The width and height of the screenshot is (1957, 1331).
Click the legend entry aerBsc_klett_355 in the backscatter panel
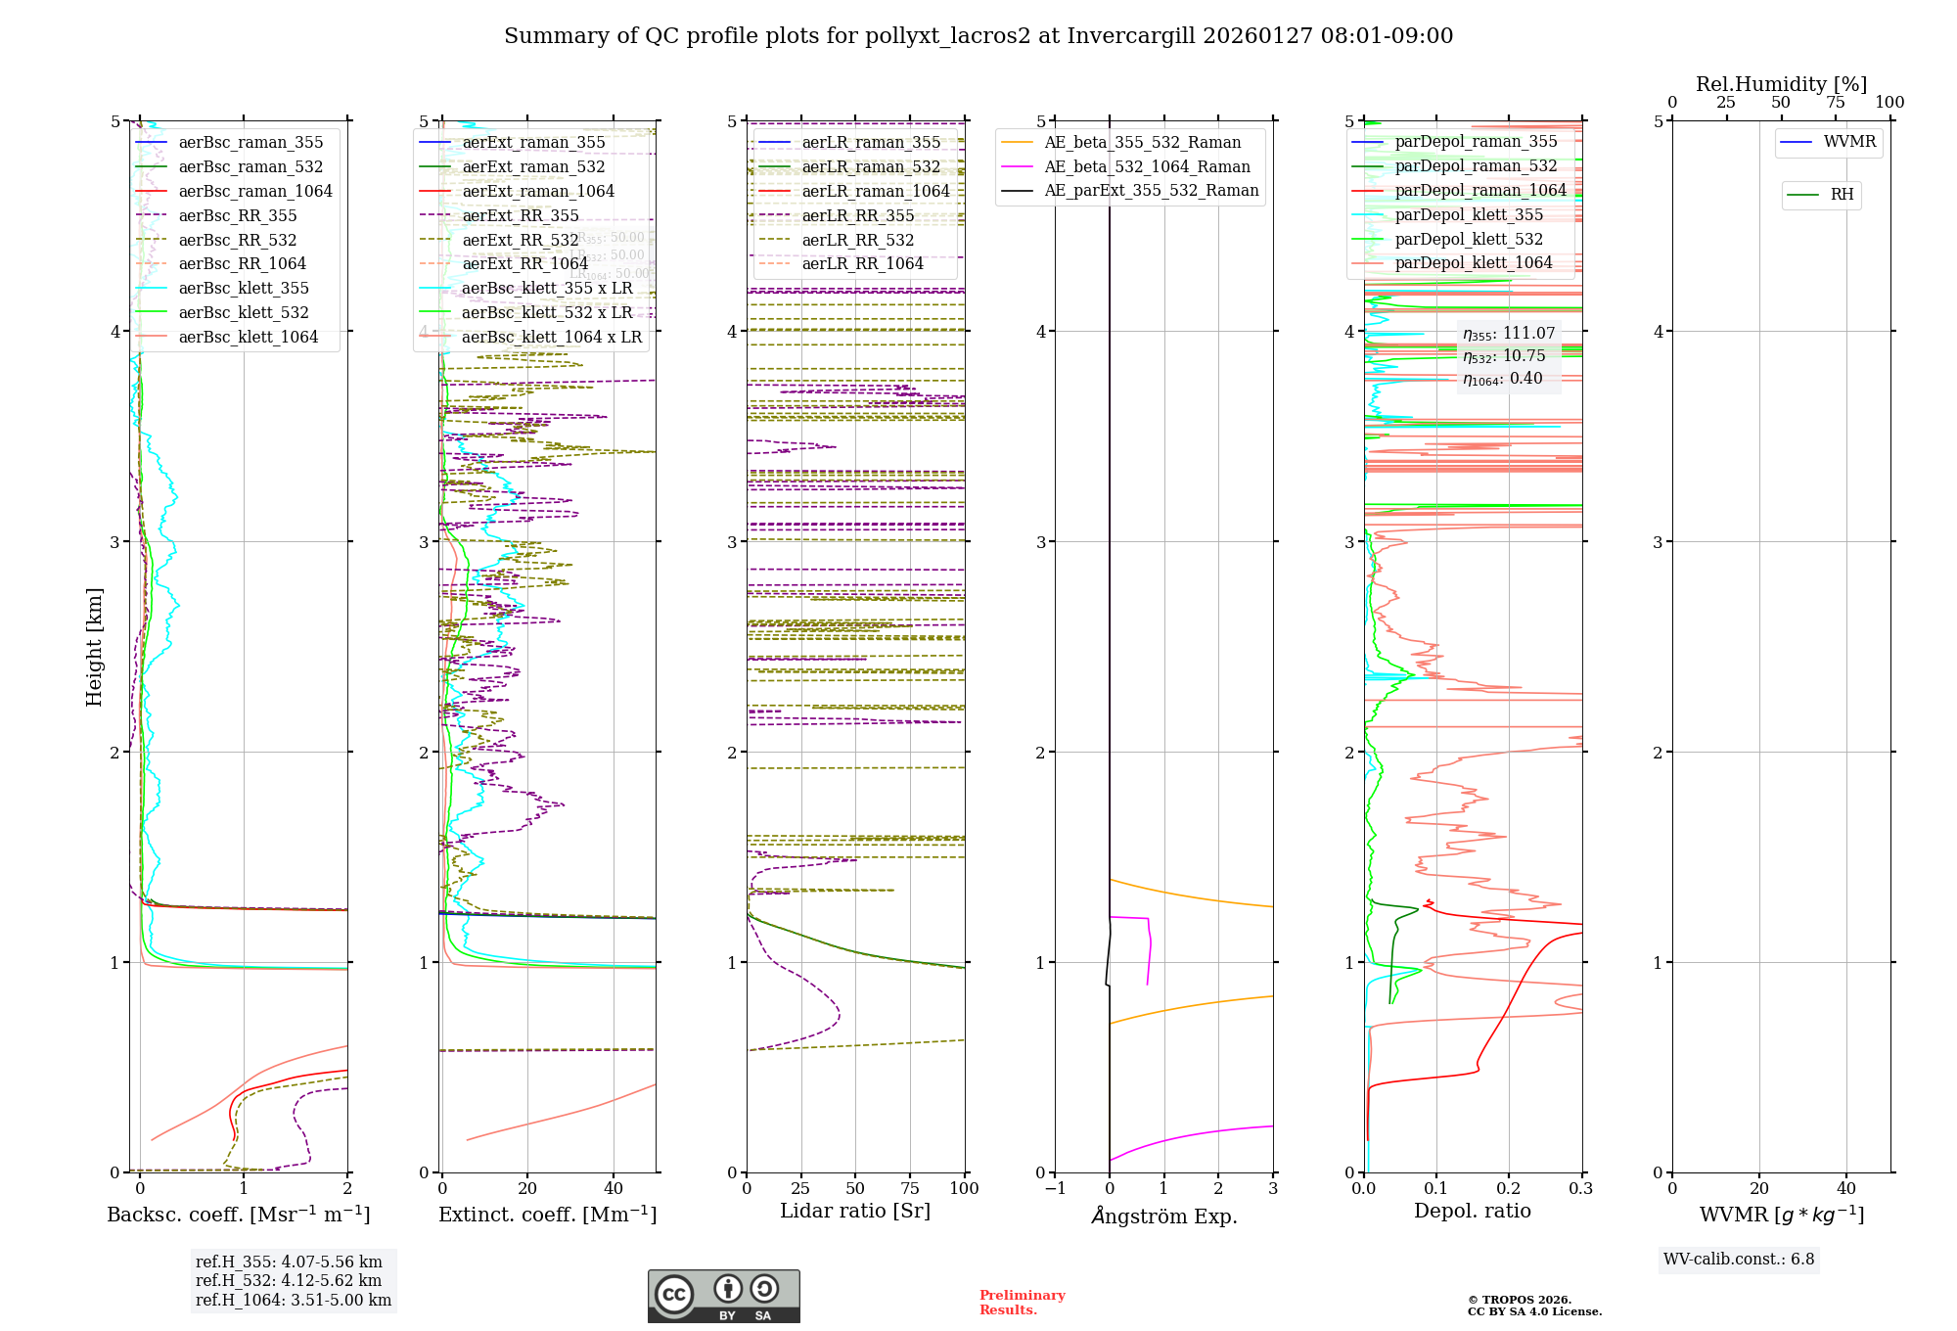244,289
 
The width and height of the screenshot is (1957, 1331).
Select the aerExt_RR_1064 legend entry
524,264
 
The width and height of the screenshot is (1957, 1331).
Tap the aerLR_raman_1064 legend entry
876,192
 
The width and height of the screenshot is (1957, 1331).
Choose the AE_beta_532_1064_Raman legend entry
1147,167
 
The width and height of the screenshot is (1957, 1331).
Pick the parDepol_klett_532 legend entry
1469,240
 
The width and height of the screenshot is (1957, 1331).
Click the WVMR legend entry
1849,142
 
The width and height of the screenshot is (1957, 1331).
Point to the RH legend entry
1842,195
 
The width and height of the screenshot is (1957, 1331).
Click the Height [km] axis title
94,647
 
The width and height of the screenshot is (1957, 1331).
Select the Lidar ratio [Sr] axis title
854,1211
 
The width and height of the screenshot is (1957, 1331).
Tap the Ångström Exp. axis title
1163,1216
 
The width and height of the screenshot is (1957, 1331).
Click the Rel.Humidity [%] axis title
1781,84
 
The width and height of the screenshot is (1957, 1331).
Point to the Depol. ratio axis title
1472,1211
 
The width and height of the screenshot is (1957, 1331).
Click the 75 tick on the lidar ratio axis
910,1189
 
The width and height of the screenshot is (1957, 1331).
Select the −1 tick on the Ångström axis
1055,1189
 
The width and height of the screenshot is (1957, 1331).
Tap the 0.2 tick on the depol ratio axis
1509,1189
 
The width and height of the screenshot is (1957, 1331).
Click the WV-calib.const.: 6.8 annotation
1738,1260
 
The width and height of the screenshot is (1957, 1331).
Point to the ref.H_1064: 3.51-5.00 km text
294,1301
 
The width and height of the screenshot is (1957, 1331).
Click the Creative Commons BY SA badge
723,1297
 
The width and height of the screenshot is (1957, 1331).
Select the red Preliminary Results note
1022,1303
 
